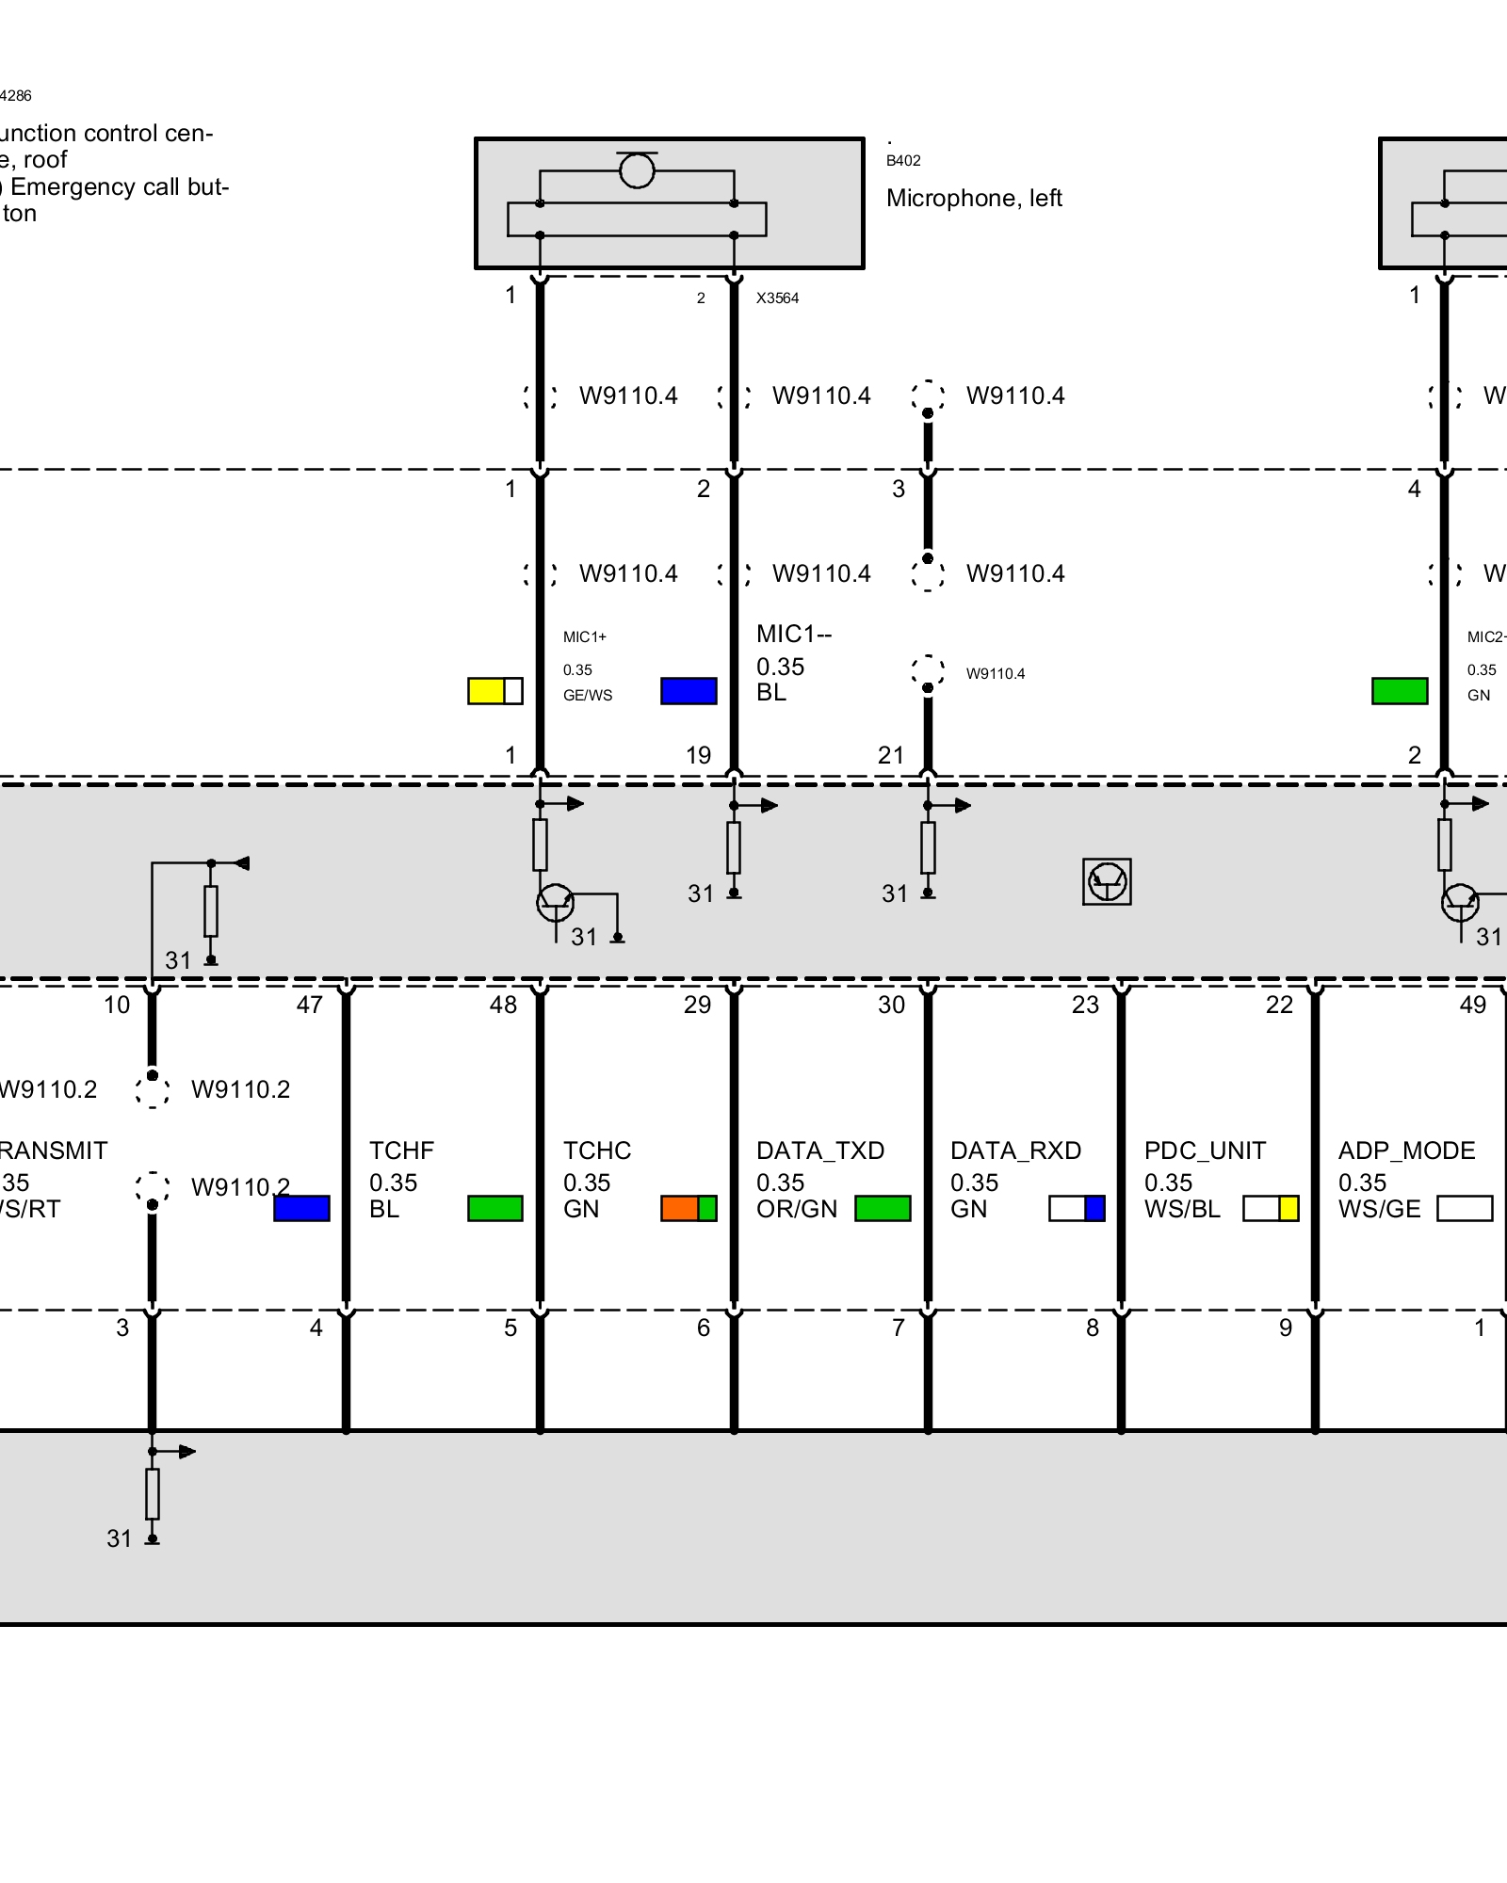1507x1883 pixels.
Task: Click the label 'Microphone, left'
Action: pyautogui.click(x=974, y=199)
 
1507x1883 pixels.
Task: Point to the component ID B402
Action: pyautogui.click(x=903, y=161)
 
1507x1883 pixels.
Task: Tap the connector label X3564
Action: pyautogui.click(x=777, y=298)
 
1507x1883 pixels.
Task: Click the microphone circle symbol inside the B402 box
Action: pyautogui.click(x=637, y=170)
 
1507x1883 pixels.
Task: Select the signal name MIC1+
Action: pyautogui.click(x=584, y=637)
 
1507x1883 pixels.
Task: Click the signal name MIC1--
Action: pyautogui.click(x=793, y=634)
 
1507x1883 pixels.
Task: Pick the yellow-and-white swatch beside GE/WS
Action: pyautogui.click(x=494, y=691)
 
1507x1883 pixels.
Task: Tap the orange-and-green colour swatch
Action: pyautogui.click(x=689, y=1208)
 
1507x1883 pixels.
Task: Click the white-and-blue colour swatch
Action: pyautogui.click(x=1077, y=1208)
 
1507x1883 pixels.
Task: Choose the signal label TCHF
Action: pyautogui.click(x=401, y=1151)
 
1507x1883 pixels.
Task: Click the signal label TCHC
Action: pyautogui.click(x=596, y=1151)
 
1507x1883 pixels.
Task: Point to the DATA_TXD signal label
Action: pyautogui.click(x=819, y=1151)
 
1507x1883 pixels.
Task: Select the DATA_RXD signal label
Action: pyautogui.click(x=1014, y=1151)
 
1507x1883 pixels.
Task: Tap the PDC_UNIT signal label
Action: pyautogui.click(x=1204, y=1151)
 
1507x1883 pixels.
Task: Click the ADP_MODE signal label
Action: pyautogui.click(x=1406, y=1151)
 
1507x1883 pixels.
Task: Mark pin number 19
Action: pyautogui.click(x=698, y=755)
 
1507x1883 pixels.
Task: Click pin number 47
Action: pyautogui.click(x=309, y=1005)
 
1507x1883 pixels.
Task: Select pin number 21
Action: pyautogui.click(x=891, y=755)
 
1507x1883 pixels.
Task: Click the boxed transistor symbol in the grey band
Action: pyautogui.click(x=1107, y=882)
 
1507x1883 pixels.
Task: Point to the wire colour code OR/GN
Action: pyautogui.click(x=796, y=1209)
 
